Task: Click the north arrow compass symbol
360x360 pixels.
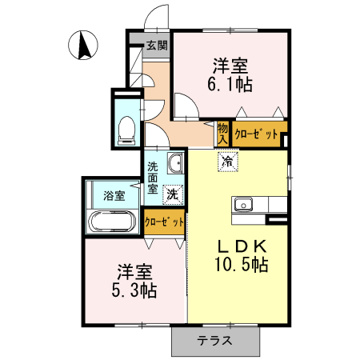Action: point(83,45)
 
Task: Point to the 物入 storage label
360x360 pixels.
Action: point(223,133)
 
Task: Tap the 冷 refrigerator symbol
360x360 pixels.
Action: point(228,162)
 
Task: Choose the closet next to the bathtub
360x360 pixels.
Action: point(165,222)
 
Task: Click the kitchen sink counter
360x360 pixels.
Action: point(245,206)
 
